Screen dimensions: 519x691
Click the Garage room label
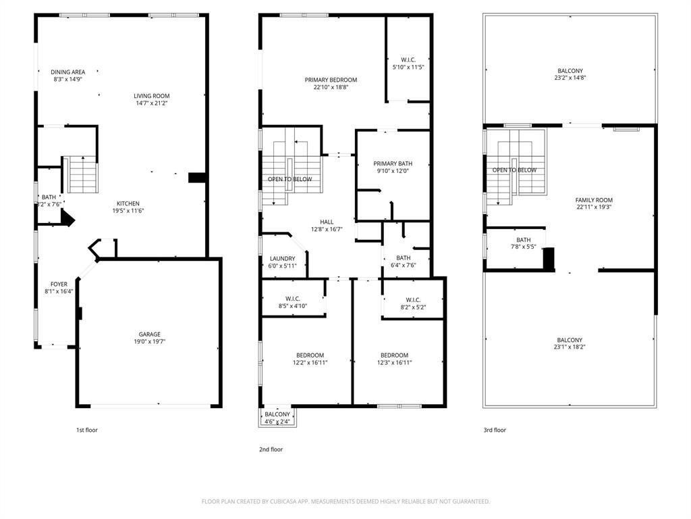click(x=150, y=334)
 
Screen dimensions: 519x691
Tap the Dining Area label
click(x=68, y=72)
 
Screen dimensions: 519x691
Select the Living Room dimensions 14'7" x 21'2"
click(x=151, y=103)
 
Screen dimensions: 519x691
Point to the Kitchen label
click(x=128, y=203)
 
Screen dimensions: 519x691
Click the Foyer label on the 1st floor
click(x=59, y=284)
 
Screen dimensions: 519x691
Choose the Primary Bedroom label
click(x=331, y=80)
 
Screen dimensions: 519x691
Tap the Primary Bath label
click(x=393, y=164)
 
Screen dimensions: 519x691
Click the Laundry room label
click(x=282, y=258)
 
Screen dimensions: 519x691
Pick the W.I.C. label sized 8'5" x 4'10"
click(x=293, y=299)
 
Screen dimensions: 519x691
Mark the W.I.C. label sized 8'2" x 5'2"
click(x=414, y=300)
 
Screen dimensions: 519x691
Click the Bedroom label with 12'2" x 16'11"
click(x=310, y=355)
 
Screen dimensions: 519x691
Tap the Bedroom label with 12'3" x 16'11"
click(x=394, y=355)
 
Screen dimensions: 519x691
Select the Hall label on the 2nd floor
click(x=327, y=222)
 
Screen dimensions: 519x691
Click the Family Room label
click(x=594, y=200)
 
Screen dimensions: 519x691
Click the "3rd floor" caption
click(x=494, y=430)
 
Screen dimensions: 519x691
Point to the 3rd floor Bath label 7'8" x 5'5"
click(x=524, y=240)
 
